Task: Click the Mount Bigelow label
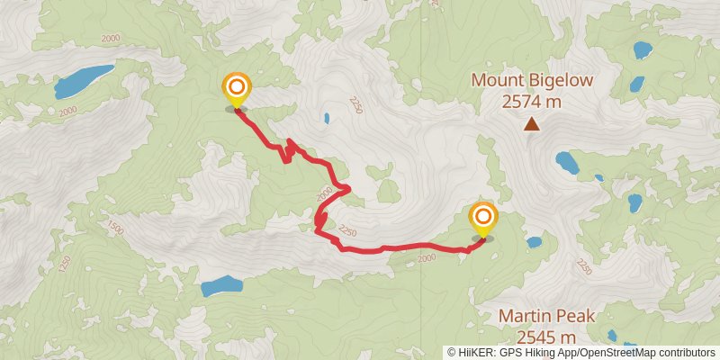[x=532, y=81]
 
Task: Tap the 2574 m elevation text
[x=532, y=102]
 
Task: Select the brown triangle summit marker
[x=532, y=125]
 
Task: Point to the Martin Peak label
[x=537, y=317]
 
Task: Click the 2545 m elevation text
[x=538, y=337]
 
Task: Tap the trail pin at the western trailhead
[x=236, y=88]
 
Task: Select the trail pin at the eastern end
[x=483, y=218]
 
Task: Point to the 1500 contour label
[x=114, y=226]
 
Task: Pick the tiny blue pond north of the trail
[x=326, y=118]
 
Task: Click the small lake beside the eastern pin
[x=534, y=242]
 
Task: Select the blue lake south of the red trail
[x=221, y=287]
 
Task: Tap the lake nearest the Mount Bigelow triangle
[x=567, y=163]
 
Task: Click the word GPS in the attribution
[x=510, y=353]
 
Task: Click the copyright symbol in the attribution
[x=453, y=353]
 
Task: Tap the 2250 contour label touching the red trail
[x=347, y=236]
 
